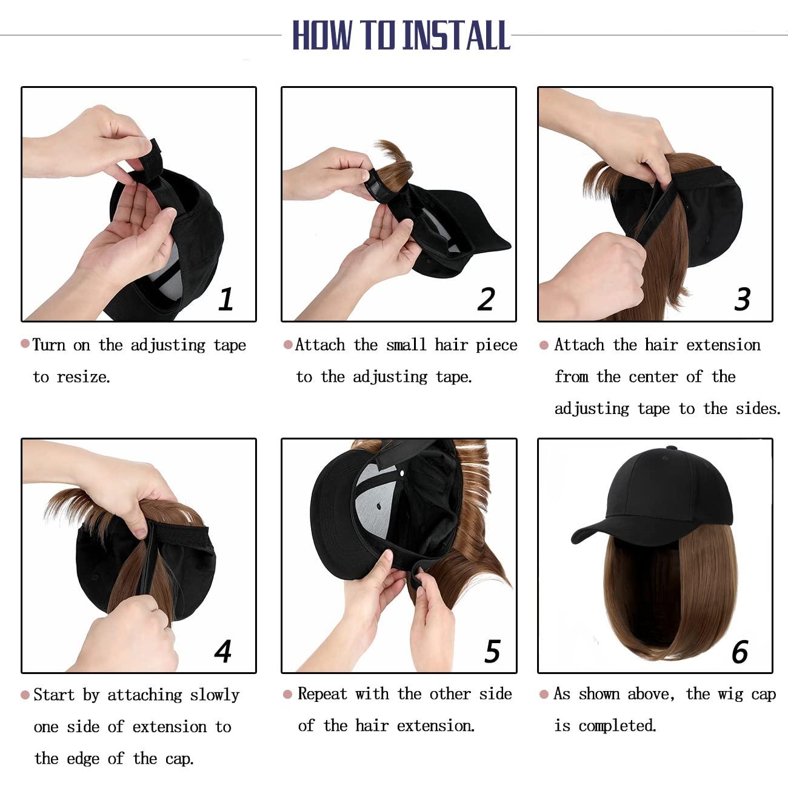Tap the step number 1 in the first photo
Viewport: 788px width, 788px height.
[225, 299]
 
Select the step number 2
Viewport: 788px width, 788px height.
[486, 299]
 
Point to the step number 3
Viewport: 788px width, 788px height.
[743, 299]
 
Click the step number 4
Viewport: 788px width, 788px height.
[223, 651]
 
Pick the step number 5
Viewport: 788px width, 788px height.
[492, 651]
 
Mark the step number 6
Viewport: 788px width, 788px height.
[740, 652]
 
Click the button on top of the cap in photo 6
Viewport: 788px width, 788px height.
[672, 449]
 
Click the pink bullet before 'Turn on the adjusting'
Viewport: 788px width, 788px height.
[25, 344]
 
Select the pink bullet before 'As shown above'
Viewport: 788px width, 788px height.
[544, 694]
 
